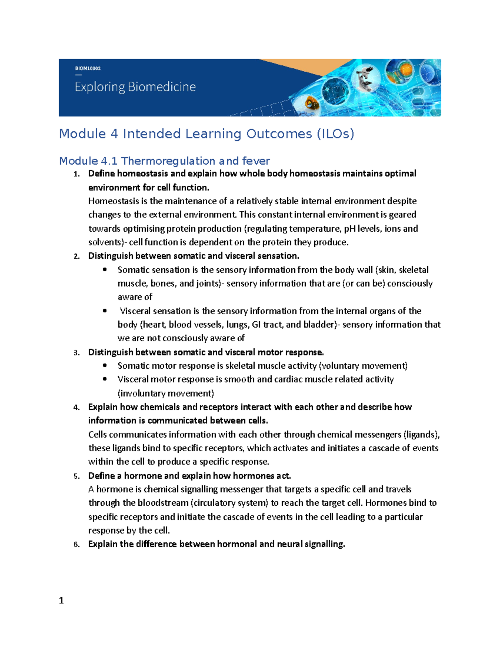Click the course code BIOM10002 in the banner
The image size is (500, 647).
(x=87, y=68)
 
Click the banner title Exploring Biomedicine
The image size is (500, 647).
(x=135, y=87)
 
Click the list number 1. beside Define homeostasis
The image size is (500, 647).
(x=76, y=174)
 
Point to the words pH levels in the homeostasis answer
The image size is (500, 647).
(x=362, y=229)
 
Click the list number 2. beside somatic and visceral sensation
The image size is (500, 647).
(x=76, y=257)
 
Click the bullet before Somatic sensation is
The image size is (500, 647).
(x=105, y=270)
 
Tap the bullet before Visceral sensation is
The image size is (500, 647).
(x=105, y=311)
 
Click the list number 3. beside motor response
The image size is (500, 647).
(x=76, y=353)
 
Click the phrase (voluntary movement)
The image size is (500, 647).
(x=363, y=366)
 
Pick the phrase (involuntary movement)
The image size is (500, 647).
(x=166, y=393)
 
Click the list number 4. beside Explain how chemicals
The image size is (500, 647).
(x=76, y=407)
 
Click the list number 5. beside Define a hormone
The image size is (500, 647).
(x=76, y=476)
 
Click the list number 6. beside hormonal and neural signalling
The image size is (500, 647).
(x=76, y=545)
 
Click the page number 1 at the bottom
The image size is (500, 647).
(x=61, y=600)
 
